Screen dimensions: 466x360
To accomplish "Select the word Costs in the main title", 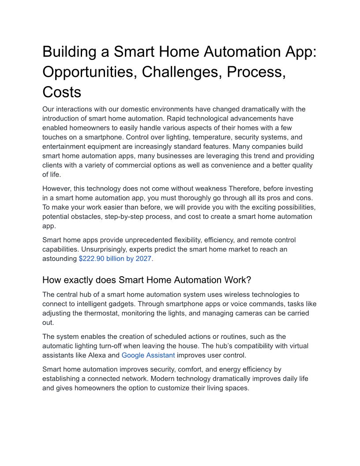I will coord(62,92).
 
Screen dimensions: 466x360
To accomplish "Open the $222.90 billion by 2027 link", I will coord(115,259).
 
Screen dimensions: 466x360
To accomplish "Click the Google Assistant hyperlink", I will coord(148,355).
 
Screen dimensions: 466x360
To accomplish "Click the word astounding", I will coord(60,259).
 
